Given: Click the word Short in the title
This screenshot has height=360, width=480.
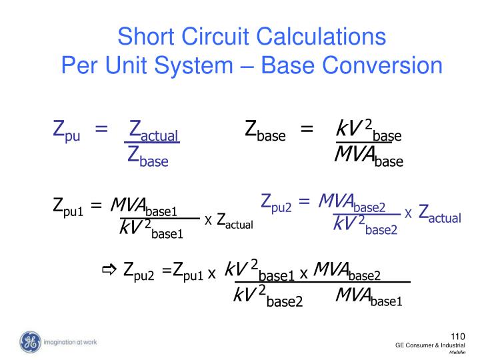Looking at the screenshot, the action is click(x=146, y=36).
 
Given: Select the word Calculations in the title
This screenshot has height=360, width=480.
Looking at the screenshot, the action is click(x=321, y=36).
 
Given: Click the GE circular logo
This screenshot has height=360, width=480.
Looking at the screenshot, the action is click(x=30, y=342).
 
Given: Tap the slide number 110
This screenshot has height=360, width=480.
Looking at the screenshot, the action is click(x=458, y=337).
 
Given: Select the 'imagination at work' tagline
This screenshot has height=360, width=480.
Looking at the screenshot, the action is click(x=70, y=342).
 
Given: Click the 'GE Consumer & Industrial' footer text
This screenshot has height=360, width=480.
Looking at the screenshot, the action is click(x=430, y=345).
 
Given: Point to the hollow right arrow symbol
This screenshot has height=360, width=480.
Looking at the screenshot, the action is click(x=109, y=269).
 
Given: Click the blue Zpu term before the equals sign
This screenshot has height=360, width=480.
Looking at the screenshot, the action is click(x=67, y=131).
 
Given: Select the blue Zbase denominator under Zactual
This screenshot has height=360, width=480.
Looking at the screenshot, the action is click(x=148, y=157).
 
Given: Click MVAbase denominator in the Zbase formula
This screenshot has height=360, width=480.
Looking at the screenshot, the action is click(x=369, y=157).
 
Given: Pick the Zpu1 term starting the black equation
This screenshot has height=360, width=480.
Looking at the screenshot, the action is click(x=68, y=207).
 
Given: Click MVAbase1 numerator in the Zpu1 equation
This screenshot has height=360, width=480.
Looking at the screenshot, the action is click(x=144, y=207).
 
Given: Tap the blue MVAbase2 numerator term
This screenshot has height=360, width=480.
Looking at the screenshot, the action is click(x=352, y=203).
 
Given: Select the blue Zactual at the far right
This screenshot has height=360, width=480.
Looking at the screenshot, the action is click(x=439, y=213).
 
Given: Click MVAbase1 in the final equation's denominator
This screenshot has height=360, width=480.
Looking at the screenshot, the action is click(x=369, y=297).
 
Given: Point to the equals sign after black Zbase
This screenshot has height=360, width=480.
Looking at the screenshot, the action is click(x=307, y=129).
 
